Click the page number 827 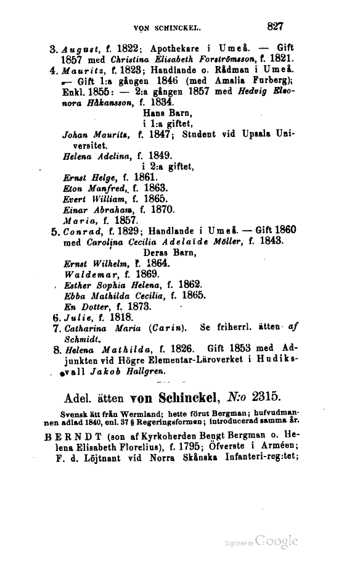point(274,27)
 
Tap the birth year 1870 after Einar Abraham point(153,209)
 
